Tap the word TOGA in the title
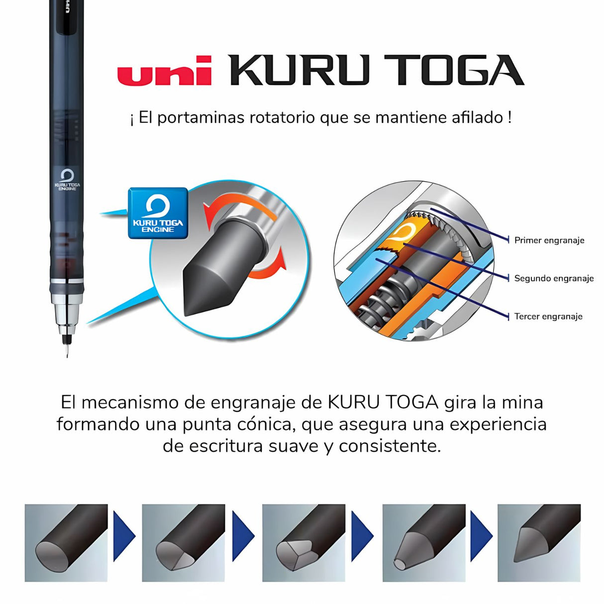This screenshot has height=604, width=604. click(453, 70)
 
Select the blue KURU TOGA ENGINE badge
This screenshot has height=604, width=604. click(158, 213)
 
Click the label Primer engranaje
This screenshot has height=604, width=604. click(549, 240)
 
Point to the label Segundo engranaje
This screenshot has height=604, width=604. click(554, 278)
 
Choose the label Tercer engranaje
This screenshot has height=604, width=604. click(548, 316)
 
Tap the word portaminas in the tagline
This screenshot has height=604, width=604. click(201, 118)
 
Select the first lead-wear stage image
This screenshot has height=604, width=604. click(66, 543)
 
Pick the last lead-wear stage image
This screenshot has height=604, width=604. click(539, 543)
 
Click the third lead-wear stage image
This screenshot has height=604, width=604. click(303, 543)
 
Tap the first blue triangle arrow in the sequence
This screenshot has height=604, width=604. click(123, 536)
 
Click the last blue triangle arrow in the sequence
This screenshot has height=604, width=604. click(480, 536)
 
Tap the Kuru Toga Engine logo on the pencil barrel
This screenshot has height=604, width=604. click(67, 180)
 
